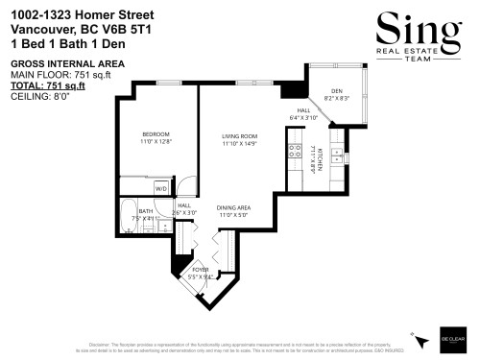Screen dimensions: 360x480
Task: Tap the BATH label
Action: point(146,211)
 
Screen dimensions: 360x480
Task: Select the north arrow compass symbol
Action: point(420,339)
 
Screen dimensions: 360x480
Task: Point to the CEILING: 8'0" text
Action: point(41,95)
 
